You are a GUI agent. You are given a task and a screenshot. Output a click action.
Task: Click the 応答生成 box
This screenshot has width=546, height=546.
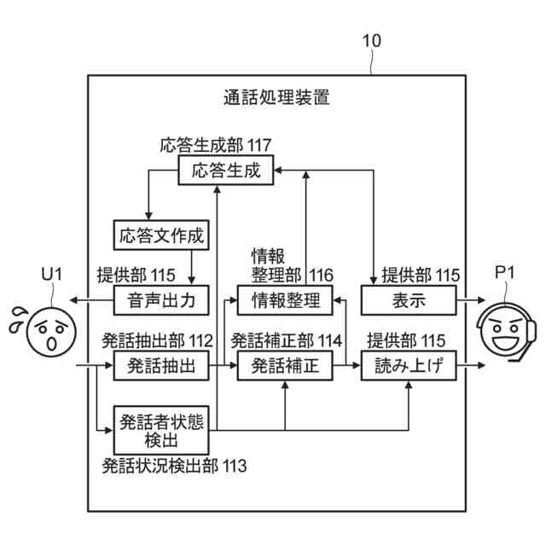pyautogui.click(x=225, y=170)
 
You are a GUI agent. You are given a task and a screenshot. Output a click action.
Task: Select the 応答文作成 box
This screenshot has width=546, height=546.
pyautogui.click(x=161, y=235)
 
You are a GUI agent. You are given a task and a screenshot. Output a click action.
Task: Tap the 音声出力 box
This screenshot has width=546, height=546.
pyautogui.click(x=161, y=300)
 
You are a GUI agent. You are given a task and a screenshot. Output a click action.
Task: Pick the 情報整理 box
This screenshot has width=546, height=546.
pyautogui.click(x=285, y=300)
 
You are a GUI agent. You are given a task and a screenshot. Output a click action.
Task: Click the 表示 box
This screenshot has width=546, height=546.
pyautogui.click(x=409, y=300)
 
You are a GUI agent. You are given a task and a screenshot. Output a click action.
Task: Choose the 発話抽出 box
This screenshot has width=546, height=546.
pyautogui.click(x=161, y=365)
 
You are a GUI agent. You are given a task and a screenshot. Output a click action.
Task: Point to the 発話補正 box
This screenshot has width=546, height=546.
pyautogui.click(x=285, y=365)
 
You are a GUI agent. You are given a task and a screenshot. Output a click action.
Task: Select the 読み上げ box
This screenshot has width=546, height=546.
pyautogui.click(x=409, y=365)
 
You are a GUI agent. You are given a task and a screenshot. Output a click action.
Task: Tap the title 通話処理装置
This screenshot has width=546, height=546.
pyautogui.click(x=276, y=97)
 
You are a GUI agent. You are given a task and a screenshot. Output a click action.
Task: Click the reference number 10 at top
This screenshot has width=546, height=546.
pyautogui.click(x=372, y=41)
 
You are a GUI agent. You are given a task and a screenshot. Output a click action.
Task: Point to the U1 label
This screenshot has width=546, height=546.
pyautogui.click(x=52, y=274)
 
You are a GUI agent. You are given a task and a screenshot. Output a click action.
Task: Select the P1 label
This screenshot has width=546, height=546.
pyautogui.click(x=505, y=273)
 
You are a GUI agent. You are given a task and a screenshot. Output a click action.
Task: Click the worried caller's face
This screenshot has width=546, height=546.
pyautogui.click(x=51, y=332)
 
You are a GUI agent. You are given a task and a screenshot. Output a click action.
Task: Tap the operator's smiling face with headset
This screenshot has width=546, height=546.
pyautogui.click(x=506, y=331)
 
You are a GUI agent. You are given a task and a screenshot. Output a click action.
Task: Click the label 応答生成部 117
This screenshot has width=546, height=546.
pyautogui.click(x=216, y=145)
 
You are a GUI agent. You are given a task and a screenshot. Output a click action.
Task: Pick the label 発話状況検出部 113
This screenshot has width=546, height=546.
pyautogui.click(x=174, y=466)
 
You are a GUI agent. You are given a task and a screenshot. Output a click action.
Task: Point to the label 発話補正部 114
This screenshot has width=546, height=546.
pyautogui.click(x=287, y=340)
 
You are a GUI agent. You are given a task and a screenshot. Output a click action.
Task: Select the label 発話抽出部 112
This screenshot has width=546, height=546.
pyautogui.click(x=157, y=340)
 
